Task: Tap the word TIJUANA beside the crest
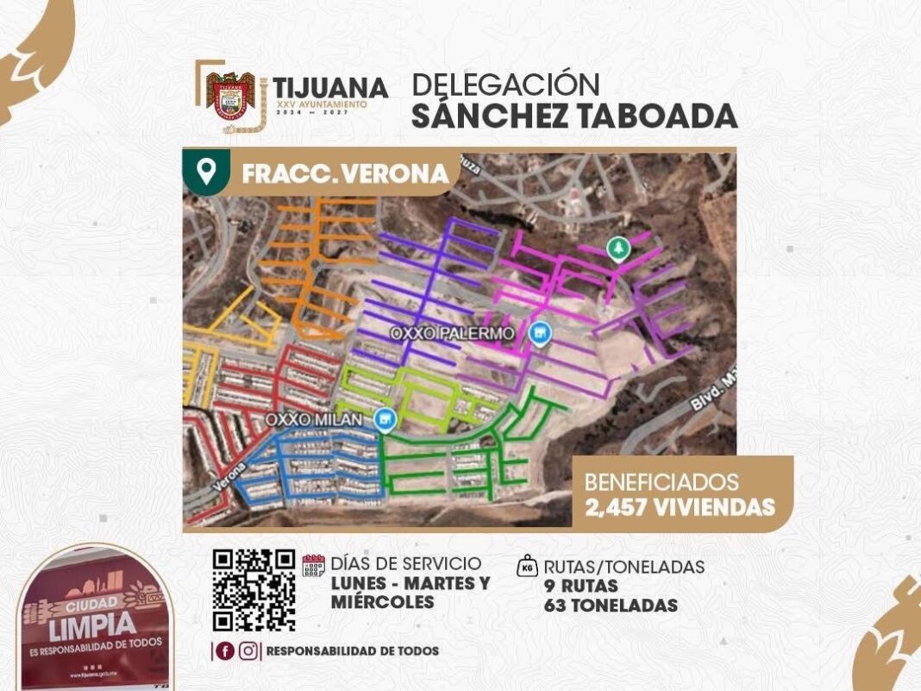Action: coord(330,87)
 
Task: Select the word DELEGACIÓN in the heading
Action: coord(505,85)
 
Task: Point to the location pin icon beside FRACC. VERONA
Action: coord(206,172)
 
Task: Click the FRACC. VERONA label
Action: coord(345,173)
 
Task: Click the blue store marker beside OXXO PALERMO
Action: coord(540,333)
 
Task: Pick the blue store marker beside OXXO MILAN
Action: coord(385,419)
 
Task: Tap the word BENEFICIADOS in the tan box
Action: coord(661,482)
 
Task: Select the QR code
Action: coord(254,590)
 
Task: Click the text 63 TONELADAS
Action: coord(611,606)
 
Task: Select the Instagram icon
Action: coord(248,651)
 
